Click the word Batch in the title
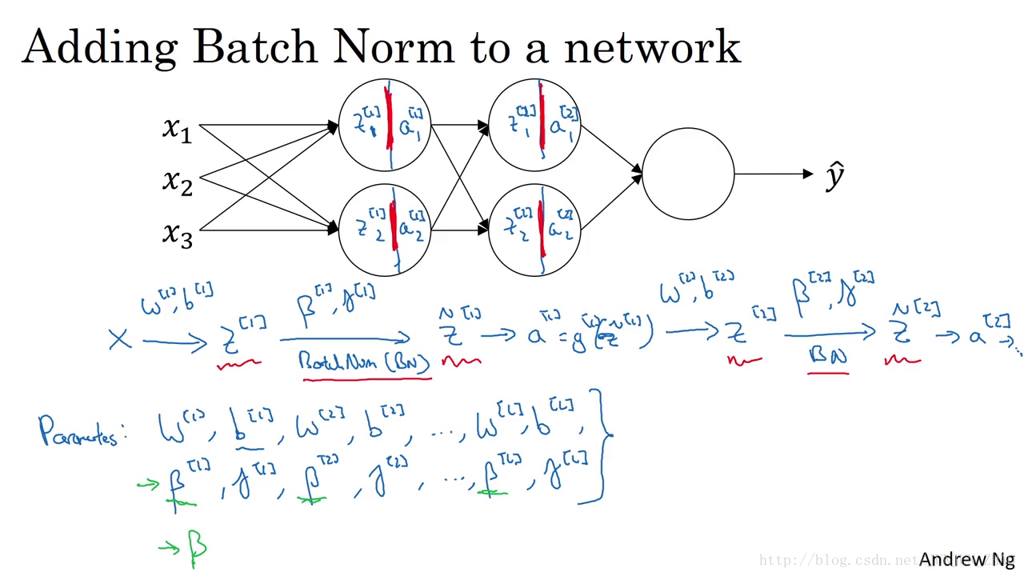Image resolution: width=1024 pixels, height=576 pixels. (x=255, y=47)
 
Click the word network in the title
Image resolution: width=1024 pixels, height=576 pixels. (x=652, y=47)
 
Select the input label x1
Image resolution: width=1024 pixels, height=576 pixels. (x=177, y=129)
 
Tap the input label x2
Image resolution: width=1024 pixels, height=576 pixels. (x=178, y=182)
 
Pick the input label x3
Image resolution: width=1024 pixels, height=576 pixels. (x=177, y=234)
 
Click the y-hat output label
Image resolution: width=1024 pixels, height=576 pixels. (x=834, y=176)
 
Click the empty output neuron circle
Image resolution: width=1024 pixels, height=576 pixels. (x=688, y=174)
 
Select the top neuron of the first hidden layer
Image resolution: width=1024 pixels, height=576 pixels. (x=385, y=125)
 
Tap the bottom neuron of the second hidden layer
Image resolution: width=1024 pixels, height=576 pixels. (x=534, y=230)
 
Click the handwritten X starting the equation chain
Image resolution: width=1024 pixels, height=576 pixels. (x=119, y=339)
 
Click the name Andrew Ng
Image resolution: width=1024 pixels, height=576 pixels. (x=966, y=559)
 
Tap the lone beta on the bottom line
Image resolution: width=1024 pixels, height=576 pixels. (x=197, y=546)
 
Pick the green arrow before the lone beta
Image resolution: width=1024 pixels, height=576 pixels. (x=169, y=547)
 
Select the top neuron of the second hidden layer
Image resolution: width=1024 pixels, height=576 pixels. (x=534, y=125)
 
